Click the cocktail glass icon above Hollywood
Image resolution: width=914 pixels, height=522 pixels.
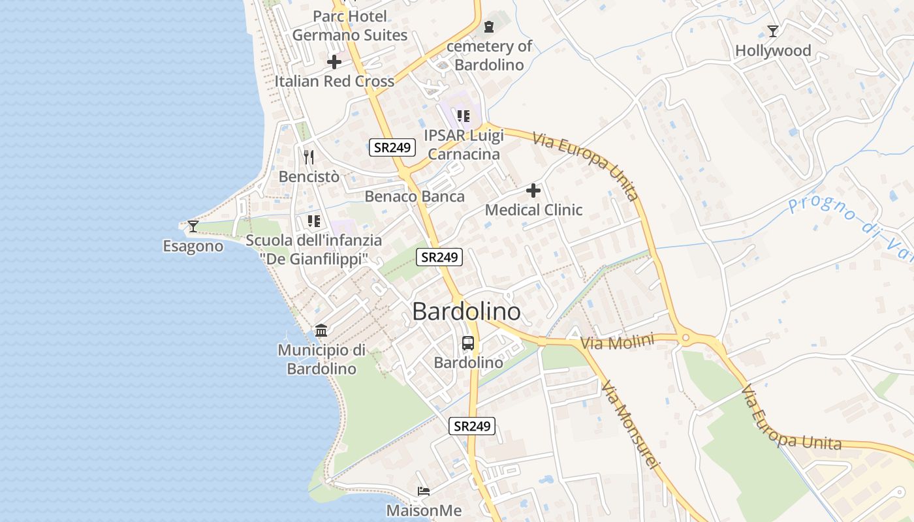773,31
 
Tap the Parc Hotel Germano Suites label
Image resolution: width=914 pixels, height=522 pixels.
349,25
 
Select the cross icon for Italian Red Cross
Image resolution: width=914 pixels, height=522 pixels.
334,62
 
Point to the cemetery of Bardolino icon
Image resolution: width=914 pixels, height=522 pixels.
488,27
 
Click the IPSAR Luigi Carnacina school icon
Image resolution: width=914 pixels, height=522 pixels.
463,116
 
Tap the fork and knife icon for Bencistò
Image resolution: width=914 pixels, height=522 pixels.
309,157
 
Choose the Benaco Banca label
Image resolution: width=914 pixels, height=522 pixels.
415,196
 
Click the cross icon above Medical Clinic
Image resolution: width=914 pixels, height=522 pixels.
533,191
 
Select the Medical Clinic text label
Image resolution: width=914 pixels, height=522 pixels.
533,210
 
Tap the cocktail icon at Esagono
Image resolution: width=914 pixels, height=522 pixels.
193,226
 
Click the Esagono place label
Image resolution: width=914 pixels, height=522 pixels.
193,247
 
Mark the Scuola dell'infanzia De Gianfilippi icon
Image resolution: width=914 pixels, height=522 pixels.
313,221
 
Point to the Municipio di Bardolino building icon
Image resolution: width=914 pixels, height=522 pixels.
321,330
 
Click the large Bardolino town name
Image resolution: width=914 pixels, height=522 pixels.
466,311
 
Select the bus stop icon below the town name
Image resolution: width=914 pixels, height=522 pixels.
468,343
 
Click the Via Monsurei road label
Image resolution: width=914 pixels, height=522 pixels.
631,424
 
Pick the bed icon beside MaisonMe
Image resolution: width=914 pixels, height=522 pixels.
424,491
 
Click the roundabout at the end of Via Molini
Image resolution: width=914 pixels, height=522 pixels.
685,338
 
